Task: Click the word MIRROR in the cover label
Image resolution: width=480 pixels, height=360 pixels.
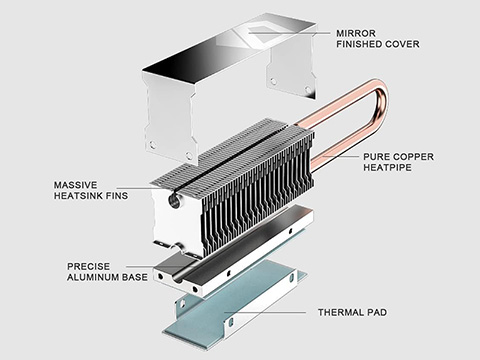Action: click(356, 33)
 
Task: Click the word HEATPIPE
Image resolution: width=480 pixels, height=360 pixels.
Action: click(387, 167)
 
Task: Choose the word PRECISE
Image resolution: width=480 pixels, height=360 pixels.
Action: click(88, 266)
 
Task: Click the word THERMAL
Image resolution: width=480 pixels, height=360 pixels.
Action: click(340, 312)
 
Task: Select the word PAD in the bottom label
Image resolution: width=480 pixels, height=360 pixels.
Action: click(377, 312)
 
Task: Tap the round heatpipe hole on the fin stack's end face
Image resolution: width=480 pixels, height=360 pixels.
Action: click(174, 201)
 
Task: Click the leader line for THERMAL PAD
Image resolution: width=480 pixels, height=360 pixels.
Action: click(265, 313)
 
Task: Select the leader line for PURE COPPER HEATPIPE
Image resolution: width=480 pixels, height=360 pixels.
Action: click(340, 156)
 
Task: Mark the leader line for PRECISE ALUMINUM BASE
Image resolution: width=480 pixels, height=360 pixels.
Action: click(155, 266)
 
